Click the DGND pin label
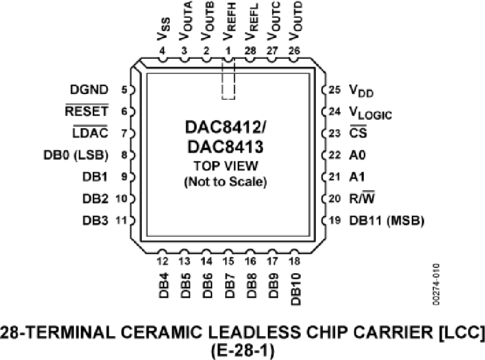click(89, 89)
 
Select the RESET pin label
click(87, 110)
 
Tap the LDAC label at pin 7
click(91, 133)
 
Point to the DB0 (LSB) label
click(76, 155)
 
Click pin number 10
click(121, 198)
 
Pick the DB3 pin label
click(95, 220)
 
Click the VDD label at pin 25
click(361, 91)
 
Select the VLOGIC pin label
click(370, 113)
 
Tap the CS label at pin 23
click(358, 133)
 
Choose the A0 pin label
click(357, 155)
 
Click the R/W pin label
click(362, 198)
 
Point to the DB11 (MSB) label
click(386, 220)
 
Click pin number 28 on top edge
click(250, 51)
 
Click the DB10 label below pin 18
click(295, 289)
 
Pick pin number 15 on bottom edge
click(228, 261)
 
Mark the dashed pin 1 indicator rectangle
click(228, 80)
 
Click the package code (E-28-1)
click(242, 351)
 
